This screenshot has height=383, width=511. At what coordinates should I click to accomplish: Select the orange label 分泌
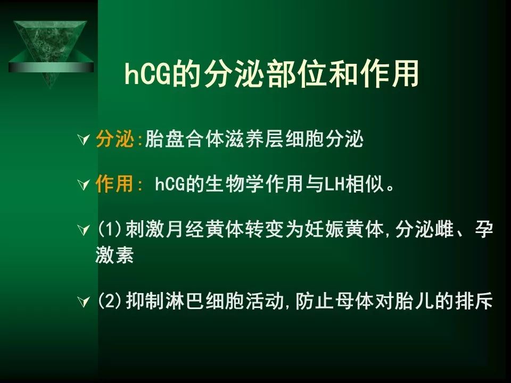point(115,139)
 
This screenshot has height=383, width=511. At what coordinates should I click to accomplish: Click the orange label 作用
point(114,184)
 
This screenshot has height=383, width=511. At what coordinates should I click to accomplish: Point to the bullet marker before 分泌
point(84,140)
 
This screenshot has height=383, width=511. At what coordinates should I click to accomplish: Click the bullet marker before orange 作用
point(84,185)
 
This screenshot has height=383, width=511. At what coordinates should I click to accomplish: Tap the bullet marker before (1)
point(84,230)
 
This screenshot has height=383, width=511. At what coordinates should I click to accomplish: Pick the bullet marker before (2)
point(84,302)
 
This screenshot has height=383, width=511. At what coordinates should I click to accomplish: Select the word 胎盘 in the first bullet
point(164,139)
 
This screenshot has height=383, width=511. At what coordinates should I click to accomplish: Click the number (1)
point(110,229)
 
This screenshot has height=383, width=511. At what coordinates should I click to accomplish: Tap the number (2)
point(110,301)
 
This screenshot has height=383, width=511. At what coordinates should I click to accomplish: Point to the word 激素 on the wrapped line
point(114,254)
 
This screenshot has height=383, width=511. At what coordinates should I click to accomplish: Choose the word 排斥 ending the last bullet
point(474,301)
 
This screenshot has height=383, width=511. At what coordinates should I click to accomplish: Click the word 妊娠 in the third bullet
point(325,229)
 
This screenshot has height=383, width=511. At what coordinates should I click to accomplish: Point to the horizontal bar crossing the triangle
point(51,68)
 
